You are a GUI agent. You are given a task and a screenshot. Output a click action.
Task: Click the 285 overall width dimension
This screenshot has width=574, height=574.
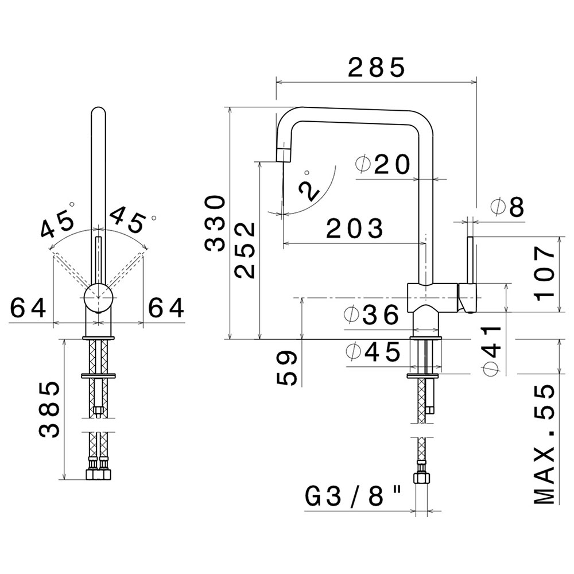pyautogui.click(x=377, y=67)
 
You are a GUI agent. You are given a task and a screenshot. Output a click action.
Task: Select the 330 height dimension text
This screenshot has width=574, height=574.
pyautogui.click(x=215, y=224)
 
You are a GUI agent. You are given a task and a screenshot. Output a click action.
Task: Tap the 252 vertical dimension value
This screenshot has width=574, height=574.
pyautogui.click(x=245, y=250)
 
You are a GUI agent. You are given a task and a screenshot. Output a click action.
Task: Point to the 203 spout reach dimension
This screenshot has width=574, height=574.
pyautogui.click(x=355, y=228)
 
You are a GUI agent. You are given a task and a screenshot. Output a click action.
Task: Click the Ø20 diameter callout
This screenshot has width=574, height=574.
pyautogui.click(x=383, y=165)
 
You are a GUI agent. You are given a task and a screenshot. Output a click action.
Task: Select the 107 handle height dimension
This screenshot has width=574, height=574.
pyautogui.click(x=545, y=273)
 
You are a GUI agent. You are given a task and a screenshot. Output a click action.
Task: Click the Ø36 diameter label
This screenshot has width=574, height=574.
pyautogui.click(x=371, y=315)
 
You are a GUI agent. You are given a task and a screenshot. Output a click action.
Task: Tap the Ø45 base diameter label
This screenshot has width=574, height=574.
pyautogui.click(x=373, y=352)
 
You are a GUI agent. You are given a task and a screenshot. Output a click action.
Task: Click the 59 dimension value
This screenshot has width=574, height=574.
pyautogui.click(x=286, y=368)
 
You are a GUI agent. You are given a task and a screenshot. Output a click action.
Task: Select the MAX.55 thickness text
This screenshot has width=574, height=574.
pyautogui.click(x=545, y=444)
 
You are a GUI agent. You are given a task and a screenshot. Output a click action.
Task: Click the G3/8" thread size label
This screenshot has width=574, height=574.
pyautogui.click(x=353, y=497)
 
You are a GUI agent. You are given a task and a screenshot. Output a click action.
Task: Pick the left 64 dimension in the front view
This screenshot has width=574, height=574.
pyautogui.click(x=29, y=308)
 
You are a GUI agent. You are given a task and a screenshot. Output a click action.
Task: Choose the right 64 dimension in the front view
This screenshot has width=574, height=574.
pyautogui.click(x=166, y=308)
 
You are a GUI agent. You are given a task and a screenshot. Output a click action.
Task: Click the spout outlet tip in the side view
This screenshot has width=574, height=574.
pyautogui.click(x=282, y=154)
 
